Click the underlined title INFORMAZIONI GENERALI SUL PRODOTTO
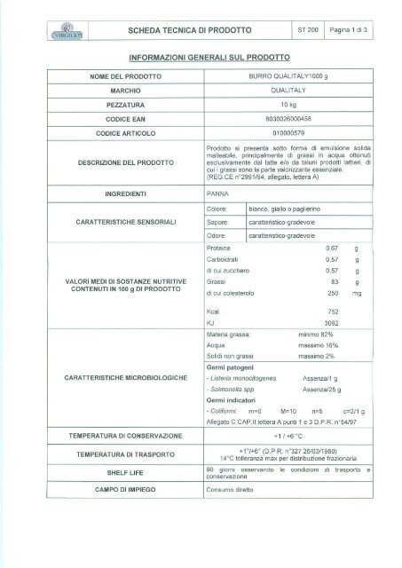(201, 58)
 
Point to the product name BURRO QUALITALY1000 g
(293, 78)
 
